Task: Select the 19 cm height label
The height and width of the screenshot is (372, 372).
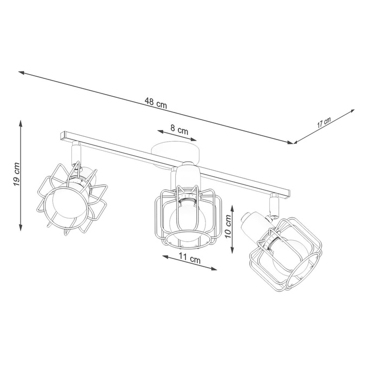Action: click(16, 175)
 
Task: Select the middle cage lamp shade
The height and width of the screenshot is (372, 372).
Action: click(188, 215)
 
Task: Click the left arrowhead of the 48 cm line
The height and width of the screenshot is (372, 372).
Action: click(20, 71)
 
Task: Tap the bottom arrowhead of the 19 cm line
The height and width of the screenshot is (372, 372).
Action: click(21, 228)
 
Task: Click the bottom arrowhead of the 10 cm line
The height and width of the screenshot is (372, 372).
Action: click(232, 250)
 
